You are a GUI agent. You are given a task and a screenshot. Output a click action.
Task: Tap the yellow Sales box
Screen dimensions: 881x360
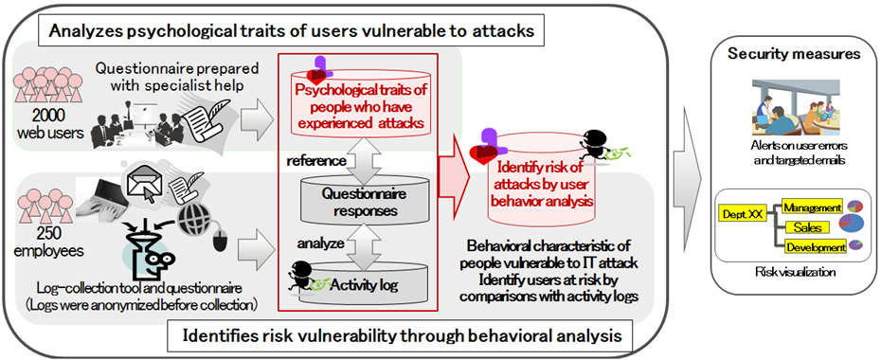(x=807, y=227)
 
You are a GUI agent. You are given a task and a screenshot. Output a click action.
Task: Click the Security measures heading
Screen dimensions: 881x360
(x=794, y=54)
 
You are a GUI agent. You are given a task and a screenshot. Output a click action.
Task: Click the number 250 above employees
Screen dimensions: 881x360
(x=48, y=233)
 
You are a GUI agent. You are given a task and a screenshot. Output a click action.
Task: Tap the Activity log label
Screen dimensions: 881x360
(x=364, y=285)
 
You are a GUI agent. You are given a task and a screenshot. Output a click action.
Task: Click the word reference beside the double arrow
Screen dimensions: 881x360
(x=315, y=161)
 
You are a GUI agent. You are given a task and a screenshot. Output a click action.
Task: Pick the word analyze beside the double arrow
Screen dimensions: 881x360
(x=320, y=243)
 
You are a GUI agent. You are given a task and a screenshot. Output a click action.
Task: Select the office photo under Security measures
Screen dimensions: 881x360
(x=794, y=108)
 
